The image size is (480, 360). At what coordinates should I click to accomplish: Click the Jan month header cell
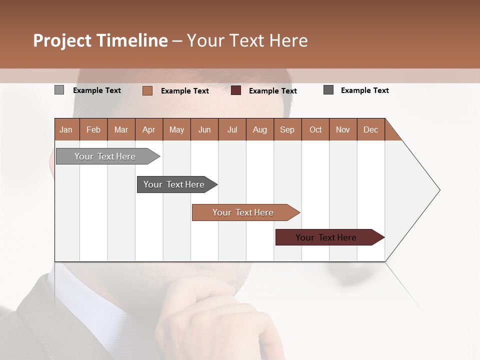pos(66,129)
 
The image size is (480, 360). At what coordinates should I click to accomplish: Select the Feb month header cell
pos(93,129)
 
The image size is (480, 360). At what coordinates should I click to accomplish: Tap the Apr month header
pos(149,129)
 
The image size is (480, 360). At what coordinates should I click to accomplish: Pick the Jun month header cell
pos(204,129)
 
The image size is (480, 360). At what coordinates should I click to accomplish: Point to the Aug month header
pos(260,129)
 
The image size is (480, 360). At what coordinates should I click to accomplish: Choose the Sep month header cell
pos(287,129)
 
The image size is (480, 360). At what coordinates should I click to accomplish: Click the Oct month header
pos(315,129)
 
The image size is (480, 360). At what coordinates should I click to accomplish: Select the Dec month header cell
pos(371,129)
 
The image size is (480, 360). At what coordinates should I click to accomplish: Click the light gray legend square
pos(59,90)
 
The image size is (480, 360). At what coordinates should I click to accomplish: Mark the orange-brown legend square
pos(147,90)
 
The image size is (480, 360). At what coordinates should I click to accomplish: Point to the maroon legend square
pos(236,90)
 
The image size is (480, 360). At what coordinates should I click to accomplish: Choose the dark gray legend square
pos(328,90)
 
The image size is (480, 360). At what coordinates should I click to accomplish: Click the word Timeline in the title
pos(132,40)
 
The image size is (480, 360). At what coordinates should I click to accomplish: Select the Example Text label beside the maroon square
pos(273,90)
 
